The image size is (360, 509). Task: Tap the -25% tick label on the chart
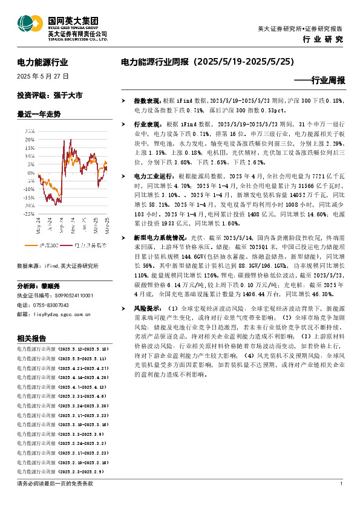coord(28,213)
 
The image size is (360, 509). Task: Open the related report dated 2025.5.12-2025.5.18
coord(62,349)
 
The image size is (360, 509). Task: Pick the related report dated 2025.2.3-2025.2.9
coord(61,471)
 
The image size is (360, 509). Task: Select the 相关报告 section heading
coord(29,338)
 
